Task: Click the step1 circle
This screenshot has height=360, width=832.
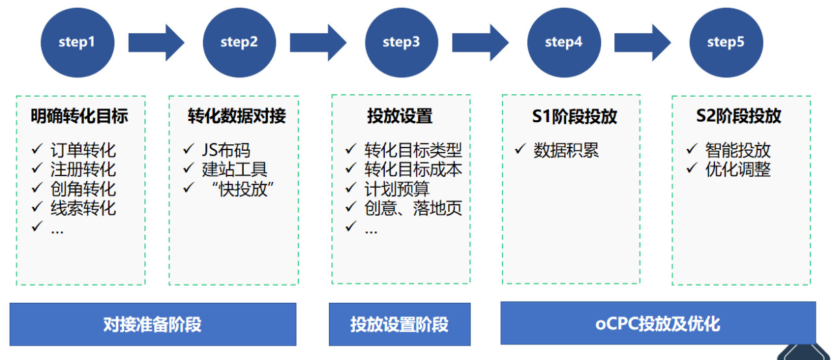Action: click(77, 42)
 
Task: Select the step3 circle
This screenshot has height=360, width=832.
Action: click(401, 42)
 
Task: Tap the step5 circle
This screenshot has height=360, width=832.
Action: click(725, 42)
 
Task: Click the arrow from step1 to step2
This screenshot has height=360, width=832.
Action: click(156, 42)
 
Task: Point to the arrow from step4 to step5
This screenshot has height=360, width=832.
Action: click(642, 42)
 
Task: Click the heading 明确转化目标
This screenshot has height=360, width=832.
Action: click(79, 116)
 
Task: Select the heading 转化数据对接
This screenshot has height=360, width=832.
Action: click(237, 116)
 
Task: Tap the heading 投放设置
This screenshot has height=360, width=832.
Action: click(400, 116)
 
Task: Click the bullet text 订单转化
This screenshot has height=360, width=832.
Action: click(83, 151)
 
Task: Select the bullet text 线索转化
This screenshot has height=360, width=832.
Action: click(83, 209)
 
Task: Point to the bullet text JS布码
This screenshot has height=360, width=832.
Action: click(226, 151)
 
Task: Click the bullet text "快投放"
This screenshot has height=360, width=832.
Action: click(242, 189)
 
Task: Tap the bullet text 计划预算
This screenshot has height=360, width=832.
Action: click(396, 189)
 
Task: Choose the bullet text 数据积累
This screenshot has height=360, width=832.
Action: click(565, 151)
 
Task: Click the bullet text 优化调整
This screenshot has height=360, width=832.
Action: click(738, 170)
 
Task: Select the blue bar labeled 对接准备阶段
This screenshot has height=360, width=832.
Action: click(153, 324)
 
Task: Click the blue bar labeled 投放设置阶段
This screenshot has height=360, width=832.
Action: click(399, 324)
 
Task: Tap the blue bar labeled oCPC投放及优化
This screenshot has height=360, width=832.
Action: click(657, 323)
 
